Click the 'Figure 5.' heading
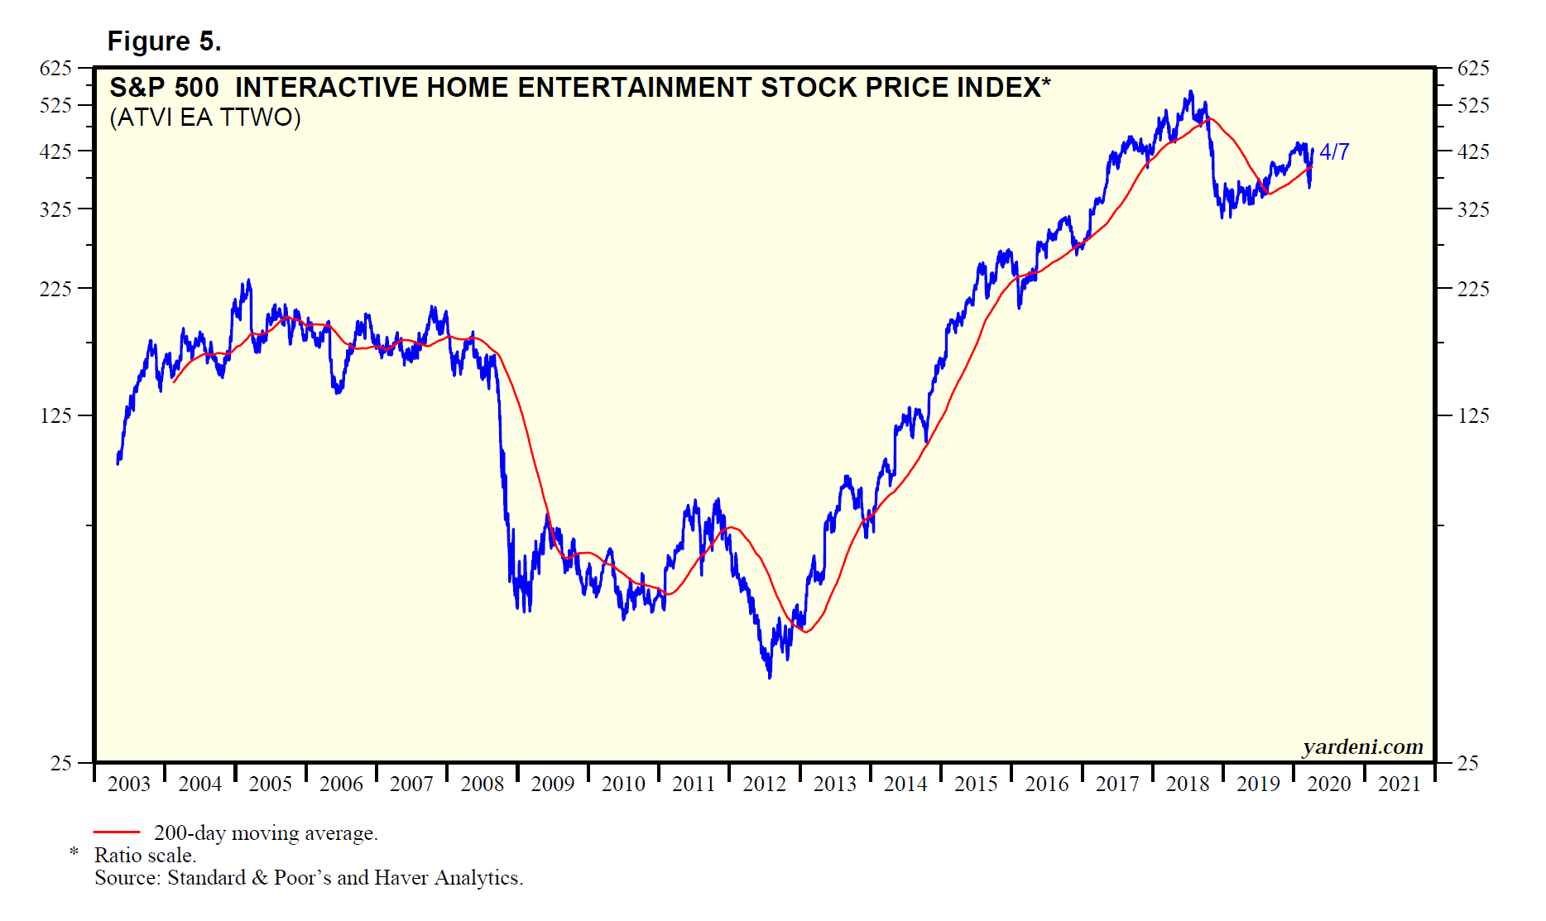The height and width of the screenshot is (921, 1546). pyautogui.click(x=164, y=41)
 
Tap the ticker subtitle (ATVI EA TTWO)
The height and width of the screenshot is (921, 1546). pyautogui.click(x=205, y=118)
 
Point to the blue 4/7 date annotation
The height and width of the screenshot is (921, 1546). pyautogui.click(x=1334, y=152)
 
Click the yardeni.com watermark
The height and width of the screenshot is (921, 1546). pyautogui.click(x=1362, y=747)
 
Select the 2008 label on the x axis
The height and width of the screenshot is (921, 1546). pyautogui.click(x=482, y=784)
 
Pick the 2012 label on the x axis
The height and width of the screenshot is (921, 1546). pyautogui.click(x=764, y=784)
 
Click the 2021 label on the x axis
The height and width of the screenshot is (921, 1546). pyautogui.click(x=1399, y=784)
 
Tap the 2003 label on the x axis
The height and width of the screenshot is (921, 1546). pyautogui.click(x=129, y=784)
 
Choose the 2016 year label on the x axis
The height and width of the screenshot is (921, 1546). pyautogui.click(x=1046, y=784)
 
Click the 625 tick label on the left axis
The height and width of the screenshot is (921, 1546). pyautogui.click(x=55, y=68)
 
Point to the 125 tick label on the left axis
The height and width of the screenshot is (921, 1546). pyautogui.click(x=55, y=415)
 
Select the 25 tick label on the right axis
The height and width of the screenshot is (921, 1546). pyautogui.click(x=1467, y=763)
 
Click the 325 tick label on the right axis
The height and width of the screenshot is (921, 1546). pyautogui.click(x=1473, y=209)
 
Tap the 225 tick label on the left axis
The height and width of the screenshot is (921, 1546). pyautogui.click(x=55, y=289)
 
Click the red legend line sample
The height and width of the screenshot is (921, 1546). pyautogui.click(x=117, y=832)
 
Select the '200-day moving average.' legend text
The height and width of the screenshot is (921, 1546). pyautogui.click(x=266, y=833)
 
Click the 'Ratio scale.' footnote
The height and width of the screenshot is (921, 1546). pyautogui.click(x=145, y=856)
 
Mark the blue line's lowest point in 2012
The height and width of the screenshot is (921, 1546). pyautogui.click(x=770, y=678)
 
